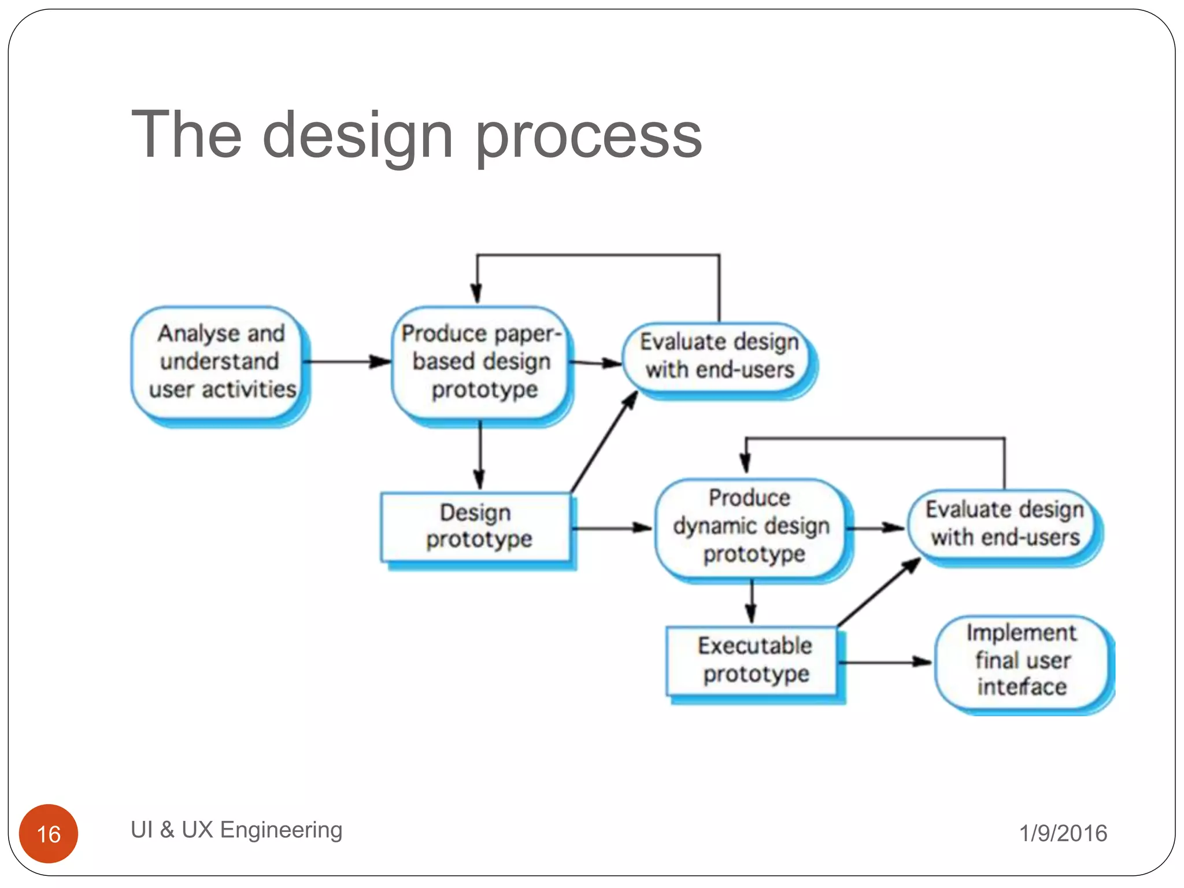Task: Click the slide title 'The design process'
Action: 416,136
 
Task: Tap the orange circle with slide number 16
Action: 49,833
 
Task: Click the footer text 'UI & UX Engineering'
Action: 236,830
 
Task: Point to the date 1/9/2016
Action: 1063,833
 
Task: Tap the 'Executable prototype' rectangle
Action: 753,660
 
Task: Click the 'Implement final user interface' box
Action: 1022,660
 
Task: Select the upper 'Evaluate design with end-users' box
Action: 719,356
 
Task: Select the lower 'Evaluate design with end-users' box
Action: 1004,524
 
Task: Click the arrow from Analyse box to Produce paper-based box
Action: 347,362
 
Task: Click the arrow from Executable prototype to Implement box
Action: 885,662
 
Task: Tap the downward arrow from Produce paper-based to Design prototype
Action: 480,457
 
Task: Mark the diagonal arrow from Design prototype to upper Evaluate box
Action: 604,442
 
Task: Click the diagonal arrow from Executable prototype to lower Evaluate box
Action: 879,593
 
